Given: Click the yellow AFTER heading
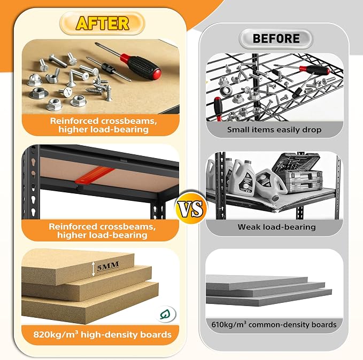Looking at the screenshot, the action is click(x=102, y=23).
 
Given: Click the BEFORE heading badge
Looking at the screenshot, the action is click(x=276, y=38).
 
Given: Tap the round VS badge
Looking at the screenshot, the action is click(x=191, y=207).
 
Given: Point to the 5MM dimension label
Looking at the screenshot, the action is click(x=108, y=267).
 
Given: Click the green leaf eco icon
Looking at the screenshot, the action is click(x=165, y=314).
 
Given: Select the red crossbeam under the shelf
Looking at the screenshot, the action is click(x=95, y=176).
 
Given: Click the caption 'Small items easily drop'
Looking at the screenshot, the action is click(x=274, y=130).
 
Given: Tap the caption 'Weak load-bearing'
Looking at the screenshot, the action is click(x=276, y=226).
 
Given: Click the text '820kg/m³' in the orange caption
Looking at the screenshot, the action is click(x=56, y=335).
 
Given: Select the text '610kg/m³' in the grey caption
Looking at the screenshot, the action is click(x=229, y=324).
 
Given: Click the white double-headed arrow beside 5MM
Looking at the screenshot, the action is click(x=93, y=269).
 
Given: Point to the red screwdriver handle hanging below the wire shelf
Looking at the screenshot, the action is click(x=218, y=108).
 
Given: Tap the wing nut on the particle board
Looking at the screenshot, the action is click(x=52, y=76).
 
